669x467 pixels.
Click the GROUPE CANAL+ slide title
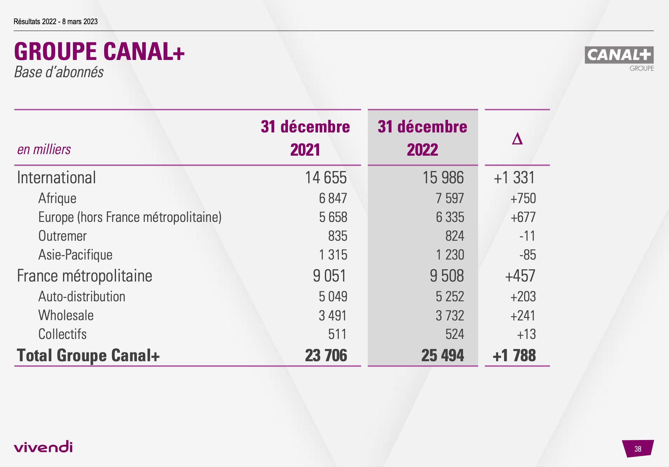99,51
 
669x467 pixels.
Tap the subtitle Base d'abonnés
59,72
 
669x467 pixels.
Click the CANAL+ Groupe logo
619,58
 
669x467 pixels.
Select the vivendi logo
43,447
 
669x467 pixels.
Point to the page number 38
638,449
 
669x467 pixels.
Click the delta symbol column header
517,138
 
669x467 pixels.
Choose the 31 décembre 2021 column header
305,138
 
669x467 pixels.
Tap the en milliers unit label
44,149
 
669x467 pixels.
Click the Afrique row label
57,198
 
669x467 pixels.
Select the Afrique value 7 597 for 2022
450,198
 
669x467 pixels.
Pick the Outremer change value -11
527,236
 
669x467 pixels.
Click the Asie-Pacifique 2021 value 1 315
333,255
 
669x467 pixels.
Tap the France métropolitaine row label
84,276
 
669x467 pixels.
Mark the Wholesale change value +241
523,315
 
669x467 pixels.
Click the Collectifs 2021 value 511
337,334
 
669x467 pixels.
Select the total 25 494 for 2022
442,355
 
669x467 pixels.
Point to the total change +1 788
514,355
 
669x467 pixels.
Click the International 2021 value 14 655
326,178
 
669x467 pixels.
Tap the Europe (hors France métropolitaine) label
130,217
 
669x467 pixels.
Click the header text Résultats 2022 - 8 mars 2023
55,22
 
